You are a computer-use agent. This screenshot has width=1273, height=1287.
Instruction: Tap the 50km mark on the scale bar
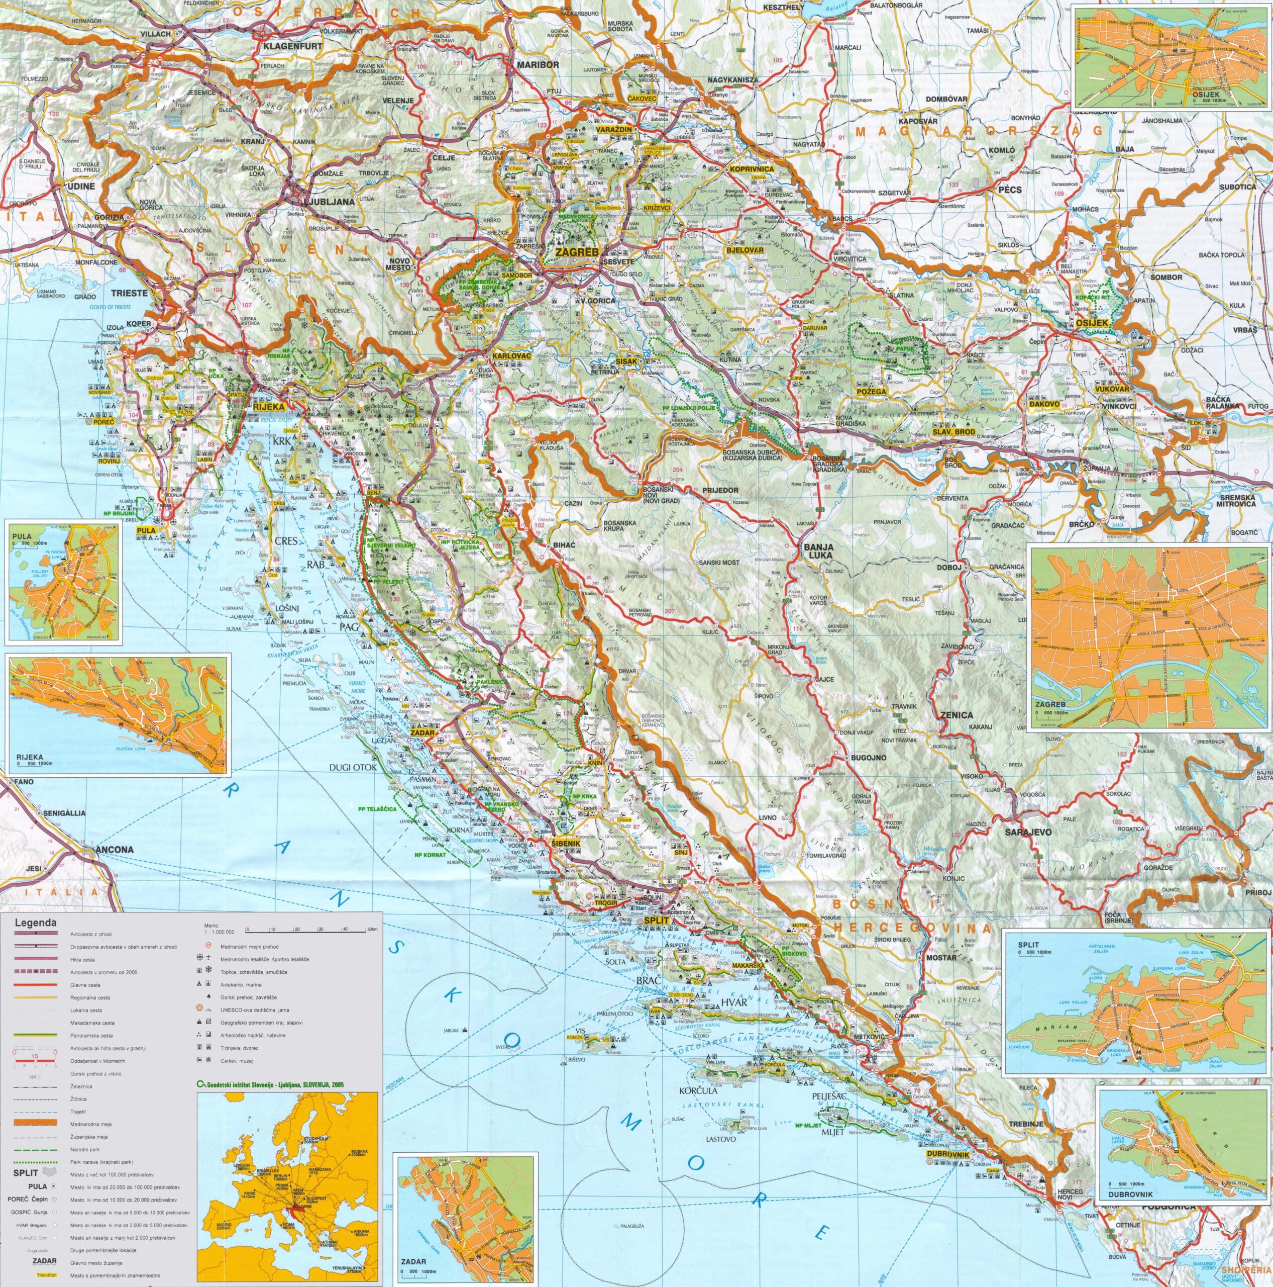(372, 929)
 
